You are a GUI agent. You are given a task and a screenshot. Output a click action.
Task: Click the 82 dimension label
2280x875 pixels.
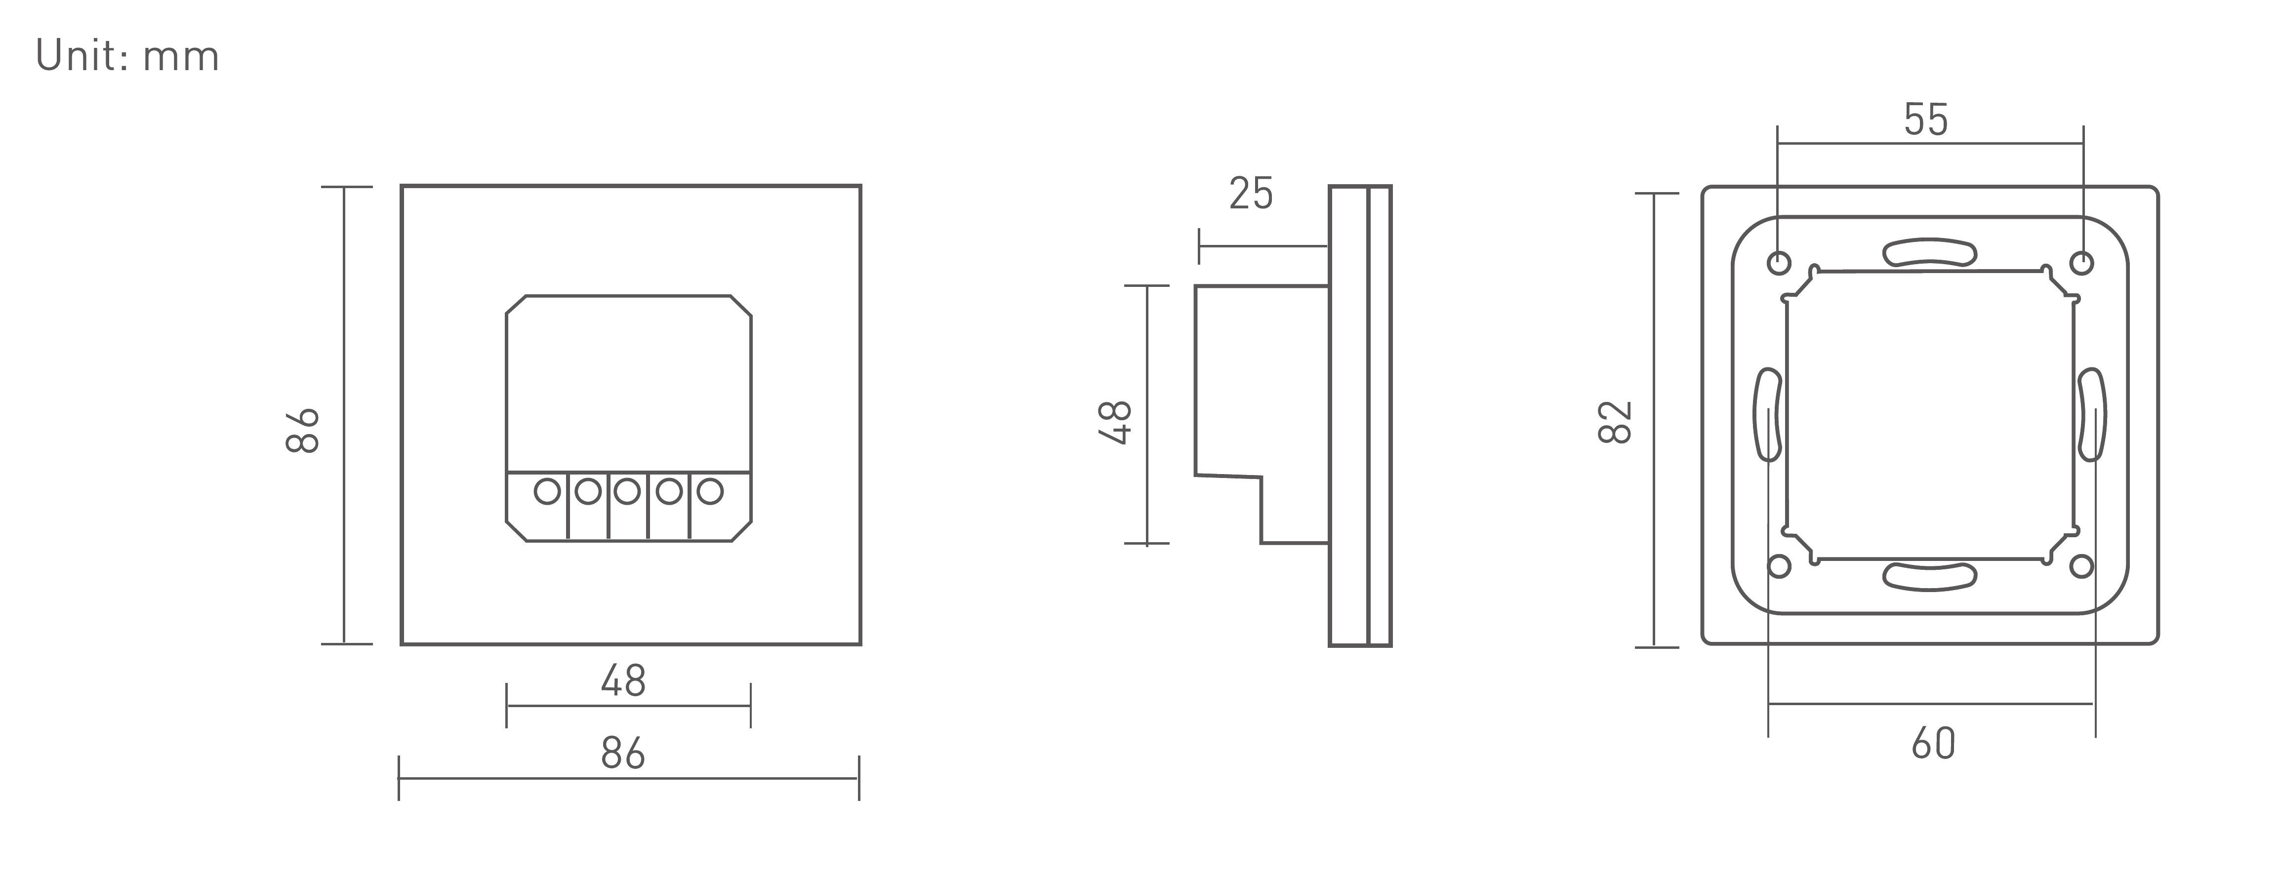pos(1616,422)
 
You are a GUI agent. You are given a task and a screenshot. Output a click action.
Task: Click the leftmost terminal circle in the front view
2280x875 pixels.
pos(548,491)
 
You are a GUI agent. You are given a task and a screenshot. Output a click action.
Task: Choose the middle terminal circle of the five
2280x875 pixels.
pos(627,491)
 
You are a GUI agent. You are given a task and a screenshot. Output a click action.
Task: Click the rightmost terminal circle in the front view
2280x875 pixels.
pos(710,491)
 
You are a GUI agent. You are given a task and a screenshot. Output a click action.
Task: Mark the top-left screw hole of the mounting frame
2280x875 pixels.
pos(1779,263)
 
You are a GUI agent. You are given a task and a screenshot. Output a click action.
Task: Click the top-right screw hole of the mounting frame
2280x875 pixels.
pos(2082,263)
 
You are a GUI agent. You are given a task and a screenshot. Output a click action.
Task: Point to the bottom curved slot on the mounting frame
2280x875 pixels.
pos(1929,576)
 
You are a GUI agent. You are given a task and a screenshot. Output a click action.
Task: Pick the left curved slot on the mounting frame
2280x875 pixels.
pos(1768,414)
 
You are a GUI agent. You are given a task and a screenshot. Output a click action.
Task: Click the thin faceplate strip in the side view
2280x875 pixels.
pos(1380,416)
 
